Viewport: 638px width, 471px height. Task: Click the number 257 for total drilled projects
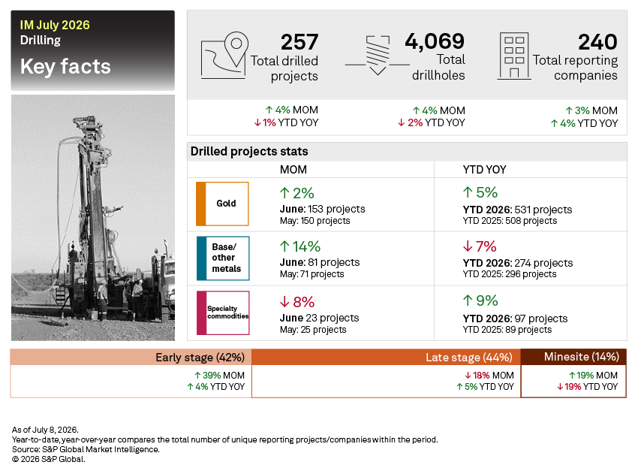click(x=299, y=42)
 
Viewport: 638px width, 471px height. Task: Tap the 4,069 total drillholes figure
click(x=435, y=41)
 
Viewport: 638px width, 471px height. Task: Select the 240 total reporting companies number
click(x=597, y=42)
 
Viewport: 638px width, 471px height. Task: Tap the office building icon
click(x=514, y=56)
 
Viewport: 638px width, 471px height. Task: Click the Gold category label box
click(x=222, y=204)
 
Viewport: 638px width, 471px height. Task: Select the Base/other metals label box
click(x=223, y=258)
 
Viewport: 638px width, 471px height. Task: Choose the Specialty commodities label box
click(x=223, y=312)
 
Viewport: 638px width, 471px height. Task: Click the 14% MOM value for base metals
click(x=300, y=246)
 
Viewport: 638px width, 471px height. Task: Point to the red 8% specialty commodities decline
click(x=297, y=302)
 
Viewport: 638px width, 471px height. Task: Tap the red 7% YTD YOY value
click(x=480, y=246)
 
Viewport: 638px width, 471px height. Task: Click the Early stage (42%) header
click(x=200, y=358)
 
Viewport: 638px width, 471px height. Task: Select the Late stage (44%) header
click(x=468, y=358)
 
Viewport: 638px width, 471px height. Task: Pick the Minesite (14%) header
click(x=582, y=357)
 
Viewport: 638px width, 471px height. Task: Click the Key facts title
click(x=65, y=66)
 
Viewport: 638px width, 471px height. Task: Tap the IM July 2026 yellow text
click(x=55, y=25)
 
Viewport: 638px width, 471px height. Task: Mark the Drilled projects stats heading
click(x=249, y=152)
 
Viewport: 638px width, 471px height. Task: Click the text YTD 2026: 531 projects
click(x=517, y=210)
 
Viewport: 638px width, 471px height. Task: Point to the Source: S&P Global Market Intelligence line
click(x=86, y=449)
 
